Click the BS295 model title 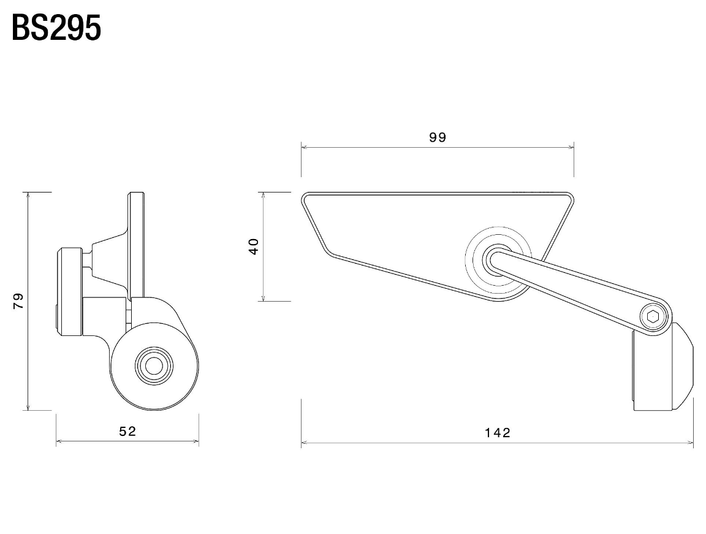point(56,28)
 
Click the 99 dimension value point(438,137)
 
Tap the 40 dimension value point(254,246)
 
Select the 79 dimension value point(18,301)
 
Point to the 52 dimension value point(127,432)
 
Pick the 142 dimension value point(498,433)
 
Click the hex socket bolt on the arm point(653,317)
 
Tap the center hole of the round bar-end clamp point(154,365)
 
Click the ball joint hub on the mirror point(498,259)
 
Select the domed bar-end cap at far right point(682,366)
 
